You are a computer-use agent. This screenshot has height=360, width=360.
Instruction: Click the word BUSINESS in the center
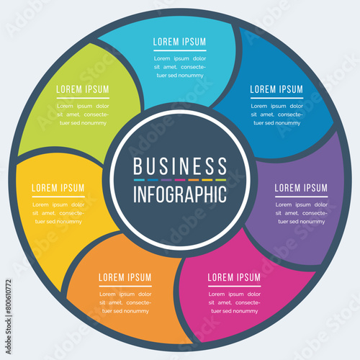coord(180,166)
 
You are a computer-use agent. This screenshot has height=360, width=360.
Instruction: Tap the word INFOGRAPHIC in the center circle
coord(180,194)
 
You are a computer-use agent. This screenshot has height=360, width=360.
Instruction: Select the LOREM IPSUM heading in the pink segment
coord(234,277)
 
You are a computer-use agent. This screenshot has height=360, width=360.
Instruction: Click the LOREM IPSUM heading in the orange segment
coord(125,277)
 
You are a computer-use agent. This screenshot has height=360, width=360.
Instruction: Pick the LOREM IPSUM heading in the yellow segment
coord(58,188)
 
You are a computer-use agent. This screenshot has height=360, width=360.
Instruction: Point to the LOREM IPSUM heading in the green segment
coord(83,89)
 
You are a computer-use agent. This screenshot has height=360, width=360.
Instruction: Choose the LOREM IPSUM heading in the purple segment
coord(301,188)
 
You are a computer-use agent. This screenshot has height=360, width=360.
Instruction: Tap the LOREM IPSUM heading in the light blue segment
coord(180,42)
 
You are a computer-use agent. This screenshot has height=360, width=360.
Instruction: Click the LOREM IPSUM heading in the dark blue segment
coord(276,89)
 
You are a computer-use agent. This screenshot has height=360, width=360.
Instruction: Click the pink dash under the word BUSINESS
coord(180,180)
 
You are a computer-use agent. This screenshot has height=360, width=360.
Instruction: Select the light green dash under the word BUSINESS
coord(221,180)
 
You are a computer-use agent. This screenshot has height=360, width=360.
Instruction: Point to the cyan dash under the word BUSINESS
coord(139,180)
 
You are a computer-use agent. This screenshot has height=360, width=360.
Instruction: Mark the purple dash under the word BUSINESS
coord(166,180)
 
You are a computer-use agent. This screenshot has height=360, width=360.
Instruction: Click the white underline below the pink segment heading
coord(235,286)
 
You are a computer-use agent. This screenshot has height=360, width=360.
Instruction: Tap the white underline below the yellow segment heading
coord(58,197)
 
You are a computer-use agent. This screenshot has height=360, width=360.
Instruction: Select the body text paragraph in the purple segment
coord(302,213)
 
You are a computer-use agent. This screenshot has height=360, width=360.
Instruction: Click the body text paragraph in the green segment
coord(83,114)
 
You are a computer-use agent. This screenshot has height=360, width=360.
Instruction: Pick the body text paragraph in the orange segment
coord(125,302)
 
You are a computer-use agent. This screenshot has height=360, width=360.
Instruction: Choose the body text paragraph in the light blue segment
coord(180,67)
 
